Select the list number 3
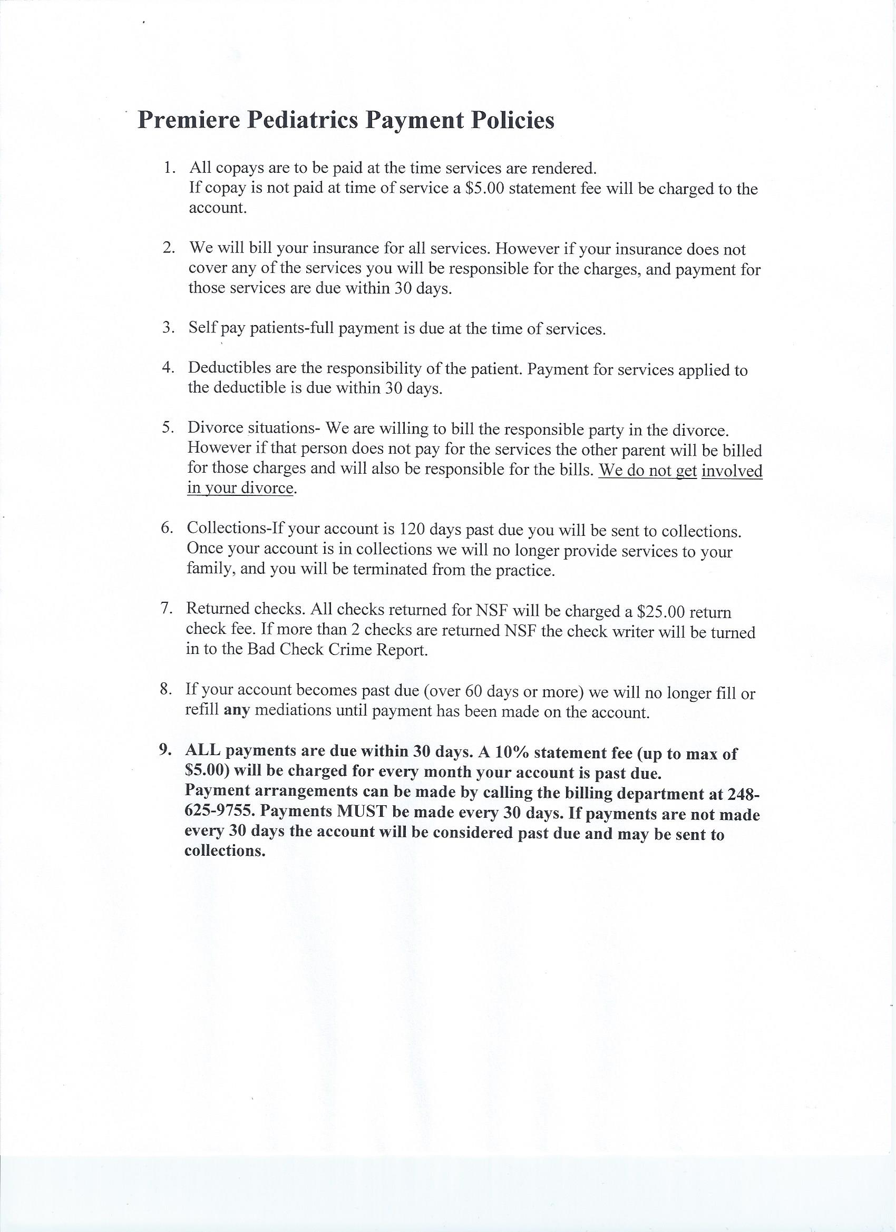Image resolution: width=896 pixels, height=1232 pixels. click(x=168, y=328)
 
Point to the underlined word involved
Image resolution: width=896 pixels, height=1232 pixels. click(x=732, y=471)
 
